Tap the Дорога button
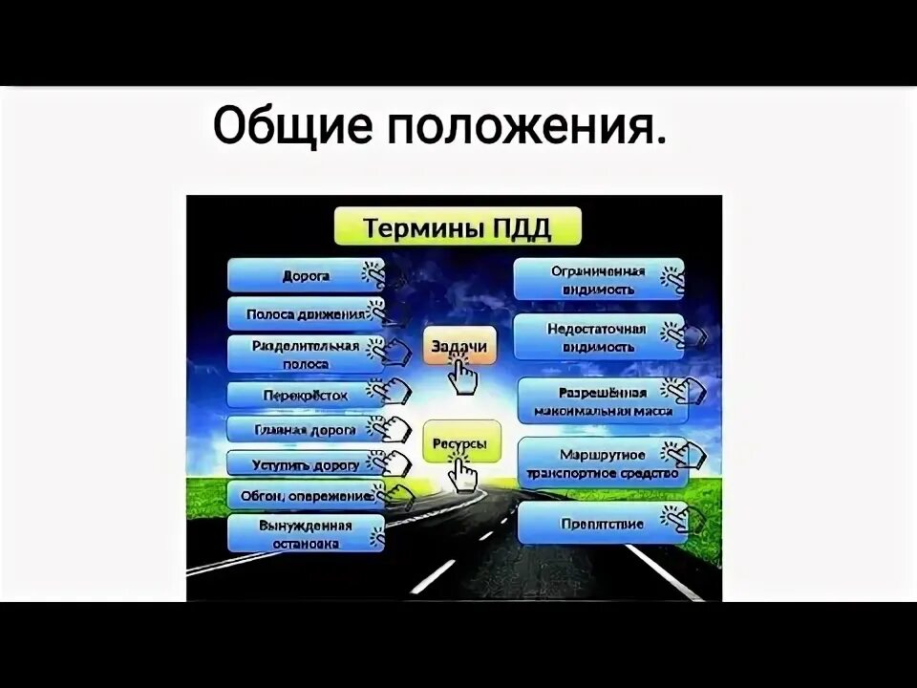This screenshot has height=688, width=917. (x=306, y=275)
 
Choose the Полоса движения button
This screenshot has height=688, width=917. (x=306, y=313)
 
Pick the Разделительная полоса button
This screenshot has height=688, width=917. (x=306, y=354)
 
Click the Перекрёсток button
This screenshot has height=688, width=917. (x=306, y=395)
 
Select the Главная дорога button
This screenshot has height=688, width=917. (x=306, y=430)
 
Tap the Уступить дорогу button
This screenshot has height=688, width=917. (x=306, y=464)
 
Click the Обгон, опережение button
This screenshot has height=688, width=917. (x=306, y=495)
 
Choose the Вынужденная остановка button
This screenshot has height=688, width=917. (x=306, y=533)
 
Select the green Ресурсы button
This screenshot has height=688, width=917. (x=459, y=442)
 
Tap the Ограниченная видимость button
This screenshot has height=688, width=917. (x=598, y=279)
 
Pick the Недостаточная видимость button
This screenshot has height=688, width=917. (x=598, y=337)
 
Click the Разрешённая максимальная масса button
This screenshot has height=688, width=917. (x=602, y=401)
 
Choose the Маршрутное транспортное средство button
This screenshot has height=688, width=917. (x=602, y=463)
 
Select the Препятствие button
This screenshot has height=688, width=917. (x=602, y=524)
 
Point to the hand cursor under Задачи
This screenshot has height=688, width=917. (x=463, y=377)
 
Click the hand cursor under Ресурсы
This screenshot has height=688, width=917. (x=464, y=474)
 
